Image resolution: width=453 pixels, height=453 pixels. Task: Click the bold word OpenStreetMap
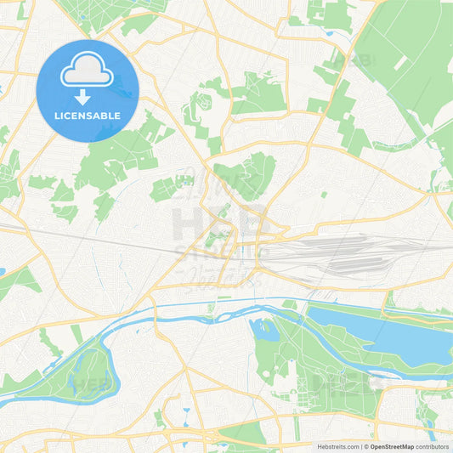point(391,446)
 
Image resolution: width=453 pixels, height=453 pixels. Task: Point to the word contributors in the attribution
point(433,446)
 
